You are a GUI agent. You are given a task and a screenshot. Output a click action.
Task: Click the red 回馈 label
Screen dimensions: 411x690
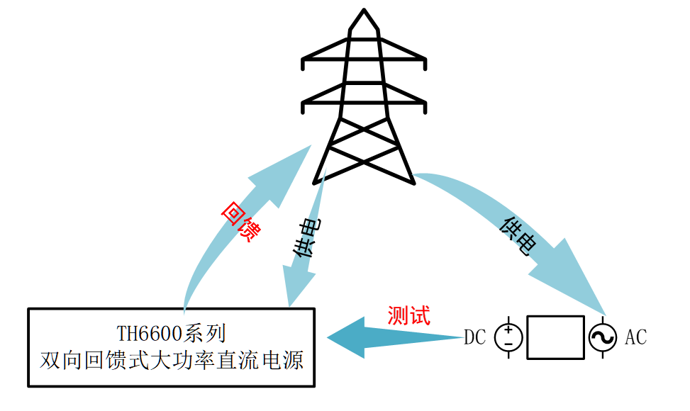tap(238, 222)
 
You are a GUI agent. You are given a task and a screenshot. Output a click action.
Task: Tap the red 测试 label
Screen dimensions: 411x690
tap(408, 315)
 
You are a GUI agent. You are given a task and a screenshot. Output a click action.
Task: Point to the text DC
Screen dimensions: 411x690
tap(474, 338)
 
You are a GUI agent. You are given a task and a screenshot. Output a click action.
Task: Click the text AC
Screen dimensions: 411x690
tap(635, 338)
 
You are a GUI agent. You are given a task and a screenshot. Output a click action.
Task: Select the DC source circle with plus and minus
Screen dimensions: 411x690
tap(508, 338)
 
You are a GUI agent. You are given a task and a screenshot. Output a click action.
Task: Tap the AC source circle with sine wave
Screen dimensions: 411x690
tap(603, 338)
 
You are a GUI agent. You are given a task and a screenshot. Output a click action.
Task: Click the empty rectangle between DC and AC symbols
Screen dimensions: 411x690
tap(555, 338)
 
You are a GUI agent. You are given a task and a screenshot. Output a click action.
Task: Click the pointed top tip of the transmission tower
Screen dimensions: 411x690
tap(365, 11)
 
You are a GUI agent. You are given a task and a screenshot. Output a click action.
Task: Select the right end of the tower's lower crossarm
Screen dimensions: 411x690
tap(426, 106)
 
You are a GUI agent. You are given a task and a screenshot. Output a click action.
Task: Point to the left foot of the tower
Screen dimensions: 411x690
tap(317, 180)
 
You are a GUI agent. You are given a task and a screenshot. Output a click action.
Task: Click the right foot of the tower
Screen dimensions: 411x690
tap(412, 180)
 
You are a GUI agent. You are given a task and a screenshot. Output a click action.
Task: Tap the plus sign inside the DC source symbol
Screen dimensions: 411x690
tap(508, 331)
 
